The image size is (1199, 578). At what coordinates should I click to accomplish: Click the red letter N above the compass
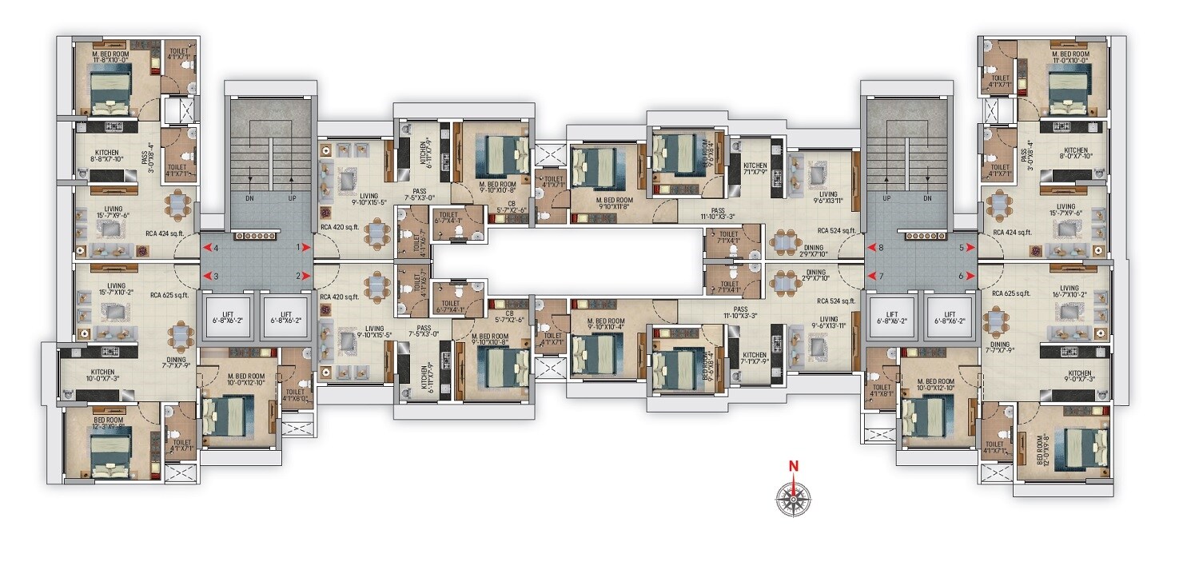coord(794,466)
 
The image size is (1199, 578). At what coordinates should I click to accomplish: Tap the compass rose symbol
coord(793,499)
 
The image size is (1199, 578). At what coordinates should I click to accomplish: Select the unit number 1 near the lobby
coord(298,248)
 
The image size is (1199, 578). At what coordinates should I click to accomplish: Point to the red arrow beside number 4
coord(205,248)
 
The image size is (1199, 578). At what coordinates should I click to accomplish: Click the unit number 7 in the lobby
coord(882,276)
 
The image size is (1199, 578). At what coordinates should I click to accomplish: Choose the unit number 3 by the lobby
coord(216,276)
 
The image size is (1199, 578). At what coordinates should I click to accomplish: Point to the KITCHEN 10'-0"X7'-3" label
coord(102,375)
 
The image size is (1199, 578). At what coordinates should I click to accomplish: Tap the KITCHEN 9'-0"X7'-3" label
coord(1079,377)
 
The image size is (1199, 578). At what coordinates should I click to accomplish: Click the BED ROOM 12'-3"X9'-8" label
coord(109,424)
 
